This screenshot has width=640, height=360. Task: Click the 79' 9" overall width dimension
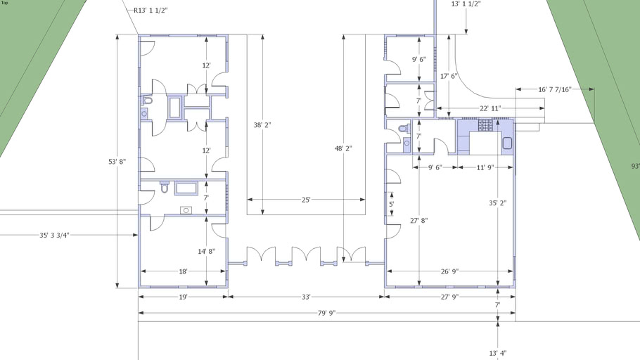326,313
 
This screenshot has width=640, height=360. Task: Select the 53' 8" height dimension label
117,161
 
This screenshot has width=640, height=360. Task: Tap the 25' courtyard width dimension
306,200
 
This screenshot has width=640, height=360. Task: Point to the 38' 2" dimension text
262,125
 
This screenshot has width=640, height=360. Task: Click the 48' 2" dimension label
343,148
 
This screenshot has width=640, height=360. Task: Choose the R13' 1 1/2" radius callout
151,11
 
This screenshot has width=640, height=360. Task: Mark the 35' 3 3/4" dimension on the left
54,235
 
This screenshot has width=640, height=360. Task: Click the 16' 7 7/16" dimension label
555,89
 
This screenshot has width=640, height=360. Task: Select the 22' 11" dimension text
489,108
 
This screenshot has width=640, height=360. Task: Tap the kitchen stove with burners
486,125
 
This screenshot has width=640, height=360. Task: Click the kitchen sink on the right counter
507,143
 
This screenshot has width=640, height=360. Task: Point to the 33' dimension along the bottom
306,297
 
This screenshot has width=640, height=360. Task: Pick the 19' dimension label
183,297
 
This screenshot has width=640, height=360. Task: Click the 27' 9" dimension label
449,297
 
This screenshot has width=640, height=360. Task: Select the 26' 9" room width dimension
449,271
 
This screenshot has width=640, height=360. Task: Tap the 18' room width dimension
183,271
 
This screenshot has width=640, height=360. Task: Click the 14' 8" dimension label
207,252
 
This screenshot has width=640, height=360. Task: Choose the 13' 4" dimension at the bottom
498,353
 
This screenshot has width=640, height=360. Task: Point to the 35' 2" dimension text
498,202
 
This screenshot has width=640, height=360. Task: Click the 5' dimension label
391,204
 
